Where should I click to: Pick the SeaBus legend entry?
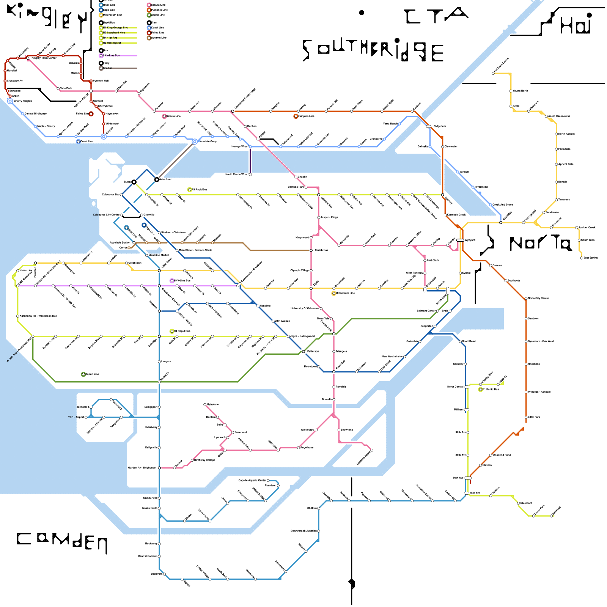pyautogui.click(x=108, y=68)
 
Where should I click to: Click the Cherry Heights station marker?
pyautogui.click(x=10, y=101)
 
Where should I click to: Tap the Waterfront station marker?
pyautogui.click(x=157, y=179)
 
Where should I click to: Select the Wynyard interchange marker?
pyautogui.click(x=460, y=240)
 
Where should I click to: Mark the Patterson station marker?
pyautogui.click(x=303, y=352)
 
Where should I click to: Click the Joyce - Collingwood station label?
pyautogui.click(x=303, y=336)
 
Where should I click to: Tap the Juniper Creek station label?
pyautogui.click(x=587, y=227)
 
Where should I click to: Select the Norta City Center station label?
pyautogui.click(x=538, y=298)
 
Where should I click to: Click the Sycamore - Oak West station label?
pyautogui.click(x=541, y=341)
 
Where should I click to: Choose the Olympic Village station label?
pyautogui.click(x=300, y=270)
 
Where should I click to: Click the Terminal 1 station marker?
pyautogui.click(x=91, y=407)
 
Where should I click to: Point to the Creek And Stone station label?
pyautogui.click(x=503, y=204)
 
